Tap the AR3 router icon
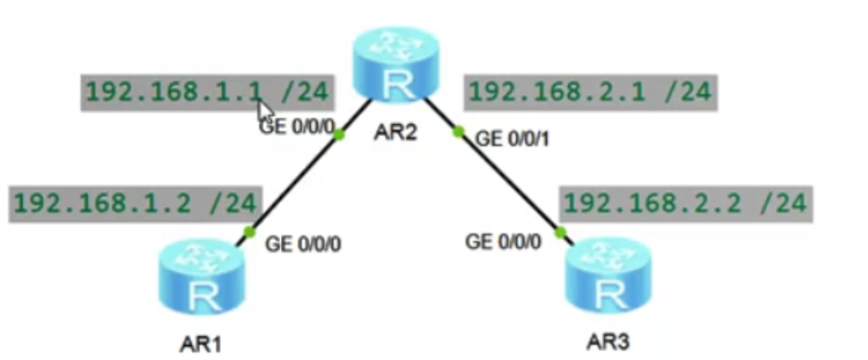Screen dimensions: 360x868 (x=606, y=283)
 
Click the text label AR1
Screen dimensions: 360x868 (x=200, y=343)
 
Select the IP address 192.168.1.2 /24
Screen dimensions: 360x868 (x=135, y=203)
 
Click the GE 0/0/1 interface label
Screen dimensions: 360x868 (x=513, y=139)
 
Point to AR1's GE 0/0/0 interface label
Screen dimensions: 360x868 (x=304, y=242)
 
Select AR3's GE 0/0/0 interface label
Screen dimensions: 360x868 (x=503, y=242)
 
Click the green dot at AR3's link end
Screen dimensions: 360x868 (x=560, y=233)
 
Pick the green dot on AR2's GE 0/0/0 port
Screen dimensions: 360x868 (x=339, y=136)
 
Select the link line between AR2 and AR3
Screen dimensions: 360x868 (x=509, y=181)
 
